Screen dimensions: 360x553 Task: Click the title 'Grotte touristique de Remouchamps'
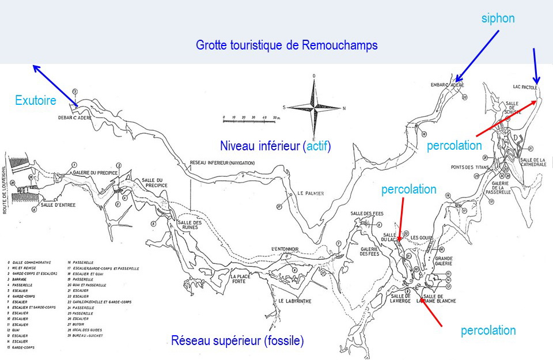click(286, 45)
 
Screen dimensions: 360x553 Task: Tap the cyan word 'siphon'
click(498, 18)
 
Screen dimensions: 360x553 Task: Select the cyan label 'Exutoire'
click(36, 101)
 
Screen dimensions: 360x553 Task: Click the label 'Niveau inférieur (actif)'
click(275, 146)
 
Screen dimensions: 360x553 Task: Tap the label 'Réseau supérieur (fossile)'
click(237, 341)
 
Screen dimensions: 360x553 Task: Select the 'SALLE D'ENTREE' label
click(55, 204)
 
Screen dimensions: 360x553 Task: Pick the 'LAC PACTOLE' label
click(525, 88)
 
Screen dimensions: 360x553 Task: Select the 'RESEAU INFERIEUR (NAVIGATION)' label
click(222, 163)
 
